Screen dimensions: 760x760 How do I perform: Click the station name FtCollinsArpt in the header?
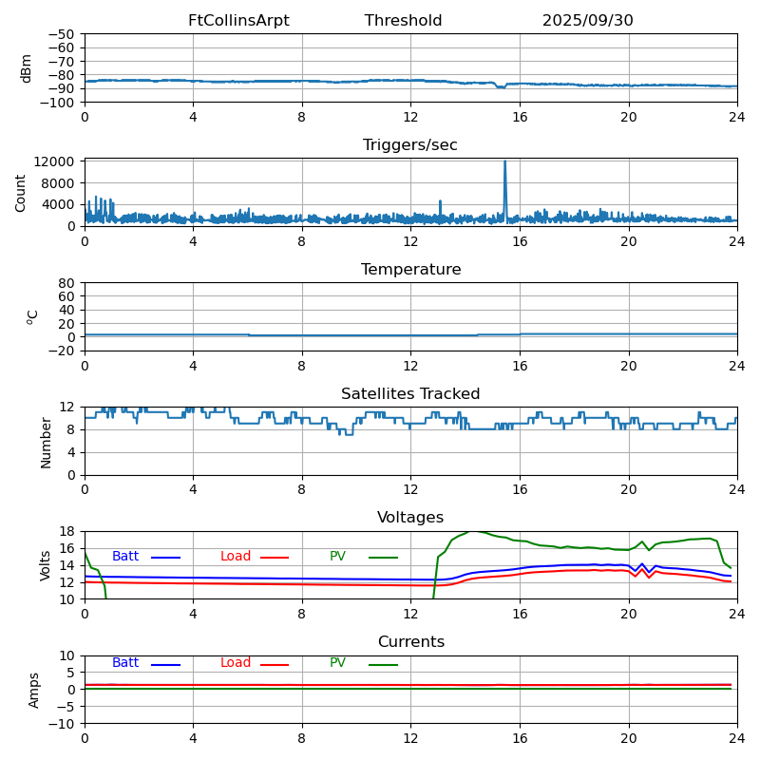pyautogui.click(x=238, y=21)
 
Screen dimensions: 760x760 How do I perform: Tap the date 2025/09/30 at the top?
pyautogui.click(x=587, y=21)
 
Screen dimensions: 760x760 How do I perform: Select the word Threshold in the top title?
pyautogui.click(x=403, y=21)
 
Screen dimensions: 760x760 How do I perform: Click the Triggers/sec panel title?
pyautogui.click(x=410, y=145)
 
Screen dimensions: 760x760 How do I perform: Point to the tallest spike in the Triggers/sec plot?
pyautogui.click(x=504, y=162)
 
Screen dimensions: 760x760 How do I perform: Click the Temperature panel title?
pyautogui.click(x=410, y=270)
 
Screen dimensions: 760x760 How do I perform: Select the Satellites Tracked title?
pyautogui.click(x=410, y=394)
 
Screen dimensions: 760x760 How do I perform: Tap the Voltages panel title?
pyautogui.click(x=410, y=518)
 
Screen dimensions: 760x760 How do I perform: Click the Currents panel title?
pyautogui.click(x=410, y=642)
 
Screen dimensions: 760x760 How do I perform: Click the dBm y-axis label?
pyautogui.click(x=27, y=67)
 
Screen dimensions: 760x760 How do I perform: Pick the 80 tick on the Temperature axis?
pyautogui.click(x=66, y=283)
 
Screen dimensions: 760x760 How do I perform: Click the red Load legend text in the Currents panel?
pyautogui.click(x=236, y=663)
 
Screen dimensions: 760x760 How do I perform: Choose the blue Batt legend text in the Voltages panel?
pyautogui.click(x=125, y=557)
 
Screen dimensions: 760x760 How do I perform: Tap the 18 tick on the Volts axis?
pyautogui.click(x=67, y=532)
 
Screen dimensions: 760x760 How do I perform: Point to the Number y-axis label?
pyautogui.click(x=46, y=442)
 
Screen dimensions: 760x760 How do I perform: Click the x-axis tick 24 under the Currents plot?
pyautogui.click(x=737, y=738)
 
